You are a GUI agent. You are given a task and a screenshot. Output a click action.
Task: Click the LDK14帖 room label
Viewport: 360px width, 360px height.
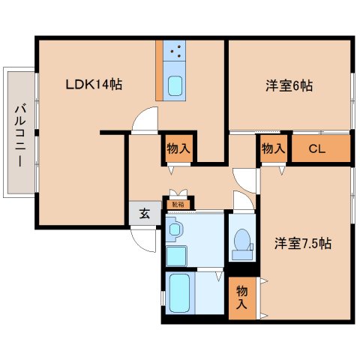click(x=94, y=84)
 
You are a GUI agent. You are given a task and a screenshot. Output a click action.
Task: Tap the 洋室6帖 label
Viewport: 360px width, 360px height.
click(x=289, y=85)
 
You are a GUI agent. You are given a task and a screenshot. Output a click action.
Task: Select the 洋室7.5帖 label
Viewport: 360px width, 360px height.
click(x=303, y=243)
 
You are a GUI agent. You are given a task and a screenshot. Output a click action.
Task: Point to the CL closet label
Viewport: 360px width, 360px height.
click(x=317, y=149)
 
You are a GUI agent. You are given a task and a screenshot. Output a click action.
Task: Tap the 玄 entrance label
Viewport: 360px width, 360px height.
click(x=145, y=214)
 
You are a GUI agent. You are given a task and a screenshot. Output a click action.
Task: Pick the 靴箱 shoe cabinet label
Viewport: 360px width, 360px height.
click(x=178, y=205)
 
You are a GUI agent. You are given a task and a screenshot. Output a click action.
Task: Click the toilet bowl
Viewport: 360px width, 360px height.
click(x=242, y=239)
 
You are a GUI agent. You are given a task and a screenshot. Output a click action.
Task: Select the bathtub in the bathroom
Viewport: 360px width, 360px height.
click(x=179, y=292)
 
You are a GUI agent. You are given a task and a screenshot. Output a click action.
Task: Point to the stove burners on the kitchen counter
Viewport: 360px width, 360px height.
click(x=175, y=51)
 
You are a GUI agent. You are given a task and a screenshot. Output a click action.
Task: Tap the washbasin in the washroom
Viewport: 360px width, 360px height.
click(x=175, y=229)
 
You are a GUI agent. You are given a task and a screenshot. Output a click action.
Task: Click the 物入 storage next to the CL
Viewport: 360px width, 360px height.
click(x=274, y=148)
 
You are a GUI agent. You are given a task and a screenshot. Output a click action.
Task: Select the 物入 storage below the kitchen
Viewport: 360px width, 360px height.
click(x=178, y=148)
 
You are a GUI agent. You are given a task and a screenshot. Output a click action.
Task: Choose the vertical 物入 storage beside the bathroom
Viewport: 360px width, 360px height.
click(x=242, y=298)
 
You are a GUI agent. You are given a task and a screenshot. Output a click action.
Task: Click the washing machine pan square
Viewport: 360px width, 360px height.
click(x=176, y=256)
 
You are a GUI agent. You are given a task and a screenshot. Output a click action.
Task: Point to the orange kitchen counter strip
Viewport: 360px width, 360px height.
click(x=159, y=70)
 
